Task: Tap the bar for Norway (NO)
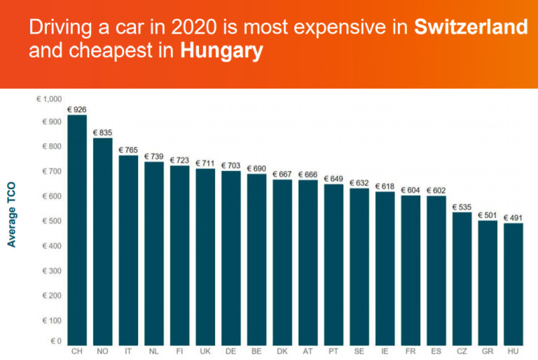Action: click(x=103, y=241)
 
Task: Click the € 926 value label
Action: click(x=77, y=110)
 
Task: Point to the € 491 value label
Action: click(x=513, y=218)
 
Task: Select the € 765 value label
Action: click(x=128, y=150)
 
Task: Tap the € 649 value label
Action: click(x=333, y=179)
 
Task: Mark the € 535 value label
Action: click(x=462, y=207)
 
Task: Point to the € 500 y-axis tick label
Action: click(x=52, y=221)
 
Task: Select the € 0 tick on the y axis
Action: click(x=55, y=341)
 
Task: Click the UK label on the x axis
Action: click(x=205, y=351)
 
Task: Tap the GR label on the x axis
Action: click(x=487, y=351)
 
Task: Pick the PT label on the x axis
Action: click(x=333, y=351)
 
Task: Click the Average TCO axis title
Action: click(x=12, y=215)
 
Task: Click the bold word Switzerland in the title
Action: click(x=470, y=28)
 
